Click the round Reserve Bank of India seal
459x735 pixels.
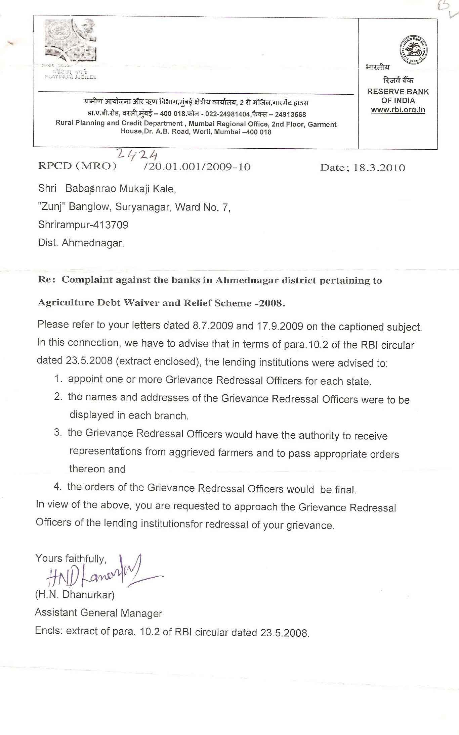click(x=413, y=50)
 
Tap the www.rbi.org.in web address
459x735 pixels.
click(x=398, y=110)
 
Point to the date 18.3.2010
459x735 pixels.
click(x=379, y=167)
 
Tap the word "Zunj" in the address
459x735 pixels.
click(x=52, y=207)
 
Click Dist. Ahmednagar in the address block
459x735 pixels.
click(x=81, y=243)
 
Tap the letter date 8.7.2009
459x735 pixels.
click(x=212, y=326)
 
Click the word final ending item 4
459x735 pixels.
click(x=345, y=490)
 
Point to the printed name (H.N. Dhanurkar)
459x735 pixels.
click(x=75, y=595)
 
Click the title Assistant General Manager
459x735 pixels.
click(x=98, y=613)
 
